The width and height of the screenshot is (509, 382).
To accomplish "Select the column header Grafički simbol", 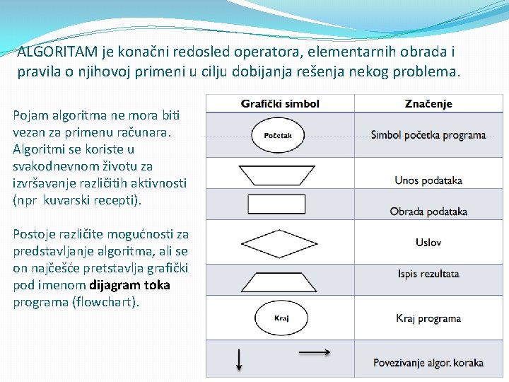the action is click(280, 104).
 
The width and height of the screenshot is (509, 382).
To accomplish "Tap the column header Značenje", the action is click(428, 104).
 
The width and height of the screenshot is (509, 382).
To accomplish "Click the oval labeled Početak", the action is click(283, 135).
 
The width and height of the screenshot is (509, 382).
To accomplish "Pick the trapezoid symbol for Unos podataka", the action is click(281, 174).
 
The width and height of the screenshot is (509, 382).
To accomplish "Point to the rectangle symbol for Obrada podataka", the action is click(281, 204).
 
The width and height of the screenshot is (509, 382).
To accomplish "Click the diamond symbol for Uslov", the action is click(281, 242).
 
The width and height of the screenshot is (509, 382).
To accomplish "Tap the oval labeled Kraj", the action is click(281, 319).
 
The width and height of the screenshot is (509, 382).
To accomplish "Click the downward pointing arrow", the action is click(239, 359).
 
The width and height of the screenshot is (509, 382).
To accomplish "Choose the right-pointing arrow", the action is click(315, 352).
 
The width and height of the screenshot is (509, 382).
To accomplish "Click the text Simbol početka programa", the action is click(428, 135).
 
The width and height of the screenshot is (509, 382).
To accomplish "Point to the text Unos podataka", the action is click(428, 180).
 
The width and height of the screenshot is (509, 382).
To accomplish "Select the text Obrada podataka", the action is click(428, 212).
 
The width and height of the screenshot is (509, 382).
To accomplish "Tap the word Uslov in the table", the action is click(428, 243).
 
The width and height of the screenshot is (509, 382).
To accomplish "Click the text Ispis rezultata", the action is click(428, 274).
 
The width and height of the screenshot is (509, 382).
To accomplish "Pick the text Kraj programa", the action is click(428, 319).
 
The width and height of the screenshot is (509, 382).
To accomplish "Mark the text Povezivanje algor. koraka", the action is click(428, 363).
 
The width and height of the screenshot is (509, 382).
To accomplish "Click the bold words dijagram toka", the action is click(130, 285).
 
